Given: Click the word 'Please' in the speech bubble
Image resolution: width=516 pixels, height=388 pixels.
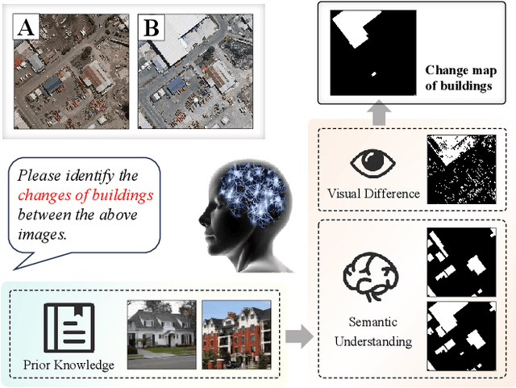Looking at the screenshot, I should coord(39,175).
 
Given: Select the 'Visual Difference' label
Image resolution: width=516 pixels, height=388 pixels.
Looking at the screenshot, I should coord(372,194).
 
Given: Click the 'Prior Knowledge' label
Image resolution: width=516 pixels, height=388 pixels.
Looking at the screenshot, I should coord(68,365).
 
